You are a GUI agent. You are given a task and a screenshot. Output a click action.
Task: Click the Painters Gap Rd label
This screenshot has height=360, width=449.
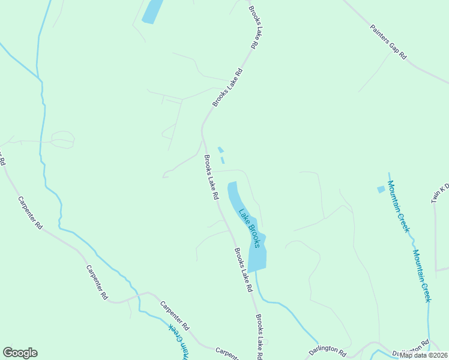(x=388, y=41)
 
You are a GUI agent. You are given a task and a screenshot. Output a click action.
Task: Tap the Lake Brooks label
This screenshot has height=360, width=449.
(x=249, y=228)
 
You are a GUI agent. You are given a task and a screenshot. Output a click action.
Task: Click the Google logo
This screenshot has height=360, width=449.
(x=20, y=353)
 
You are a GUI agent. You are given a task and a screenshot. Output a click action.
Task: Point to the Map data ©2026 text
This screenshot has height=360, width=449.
(x=423, y=355)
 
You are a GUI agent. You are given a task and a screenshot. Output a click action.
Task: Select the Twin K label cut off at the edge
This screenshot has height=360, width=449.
(x=440, y=192)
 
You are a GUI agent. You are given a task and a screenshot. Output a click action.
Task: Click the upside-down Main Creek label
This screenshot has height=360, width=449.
(x=178, y=340)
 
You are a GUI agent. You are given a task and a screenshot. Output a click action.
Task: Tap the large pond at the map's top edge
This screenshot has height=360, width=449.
(x=152, y=11)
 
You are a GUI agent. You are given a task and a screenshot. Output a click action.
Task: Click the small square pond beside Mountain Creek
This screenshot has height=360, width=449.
(x=381, y=190)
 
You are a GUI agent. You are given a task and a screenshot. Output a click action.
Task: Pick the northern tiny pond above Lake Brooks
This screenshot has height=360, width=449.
(x=220, y=149)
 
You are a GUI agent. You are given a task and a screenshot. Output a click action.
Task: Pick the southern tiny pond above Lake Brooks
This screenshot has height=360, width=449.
(x=223, y=160)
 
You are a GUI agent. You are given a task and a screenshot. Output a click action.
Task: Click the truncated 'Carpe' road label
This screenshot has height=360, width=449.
(x=227, y=352)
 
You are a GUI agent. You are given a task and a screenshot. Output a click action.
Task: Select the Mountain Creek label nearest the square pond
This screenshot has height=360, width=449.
(x=398, y=206)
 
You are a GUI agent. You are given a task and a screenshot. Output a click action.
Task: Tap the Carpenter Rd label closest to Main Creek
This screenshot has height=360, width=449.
(x=175, y=316)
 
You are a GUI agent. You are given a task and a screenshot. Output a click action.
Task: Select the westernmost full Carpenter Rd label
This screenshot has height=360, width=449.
(x=30, y=212)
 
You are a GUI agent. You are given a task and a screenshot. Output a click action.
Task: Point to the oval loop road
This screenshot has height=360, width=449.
(x=62, y=140)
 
